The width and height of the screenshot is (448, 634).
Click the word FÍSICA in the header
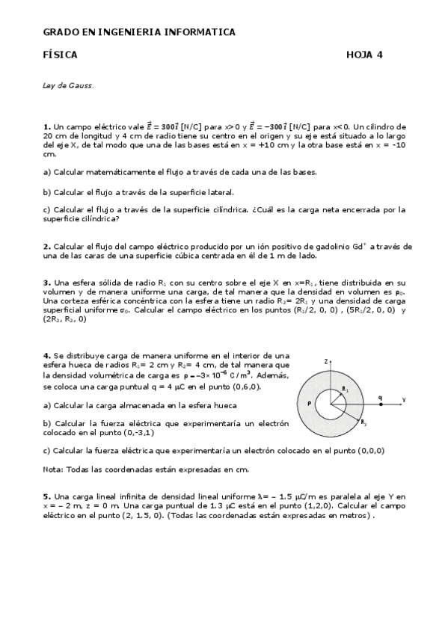[61, 55]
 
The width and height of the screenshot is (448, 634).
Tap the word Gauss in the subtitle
[82, 85]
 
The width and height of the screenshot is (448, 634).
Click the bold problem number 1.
[46, 127]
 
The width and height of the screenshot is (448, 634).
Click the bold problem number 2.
[46, 246]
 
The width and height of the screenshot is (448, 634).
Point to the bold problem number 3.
[46, 283]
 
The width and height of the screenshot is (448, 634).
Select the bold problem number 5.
[46, 496]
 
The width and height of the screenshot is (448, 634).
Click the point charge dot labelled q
[381, 404]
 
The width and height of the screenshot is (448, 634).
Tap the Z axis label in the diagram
[326, 361]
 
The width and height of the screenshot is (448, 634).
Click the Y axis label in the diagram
[404, 400]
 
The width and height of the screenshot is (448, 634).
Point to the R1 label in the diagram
[345, 390]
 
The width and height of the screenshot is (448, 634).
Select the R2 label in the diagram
[363, 423]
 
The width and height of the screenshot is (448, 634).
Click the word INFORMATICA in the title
[199, 32]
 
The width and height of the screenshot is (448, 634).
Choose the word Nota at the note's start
[52, 469]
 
